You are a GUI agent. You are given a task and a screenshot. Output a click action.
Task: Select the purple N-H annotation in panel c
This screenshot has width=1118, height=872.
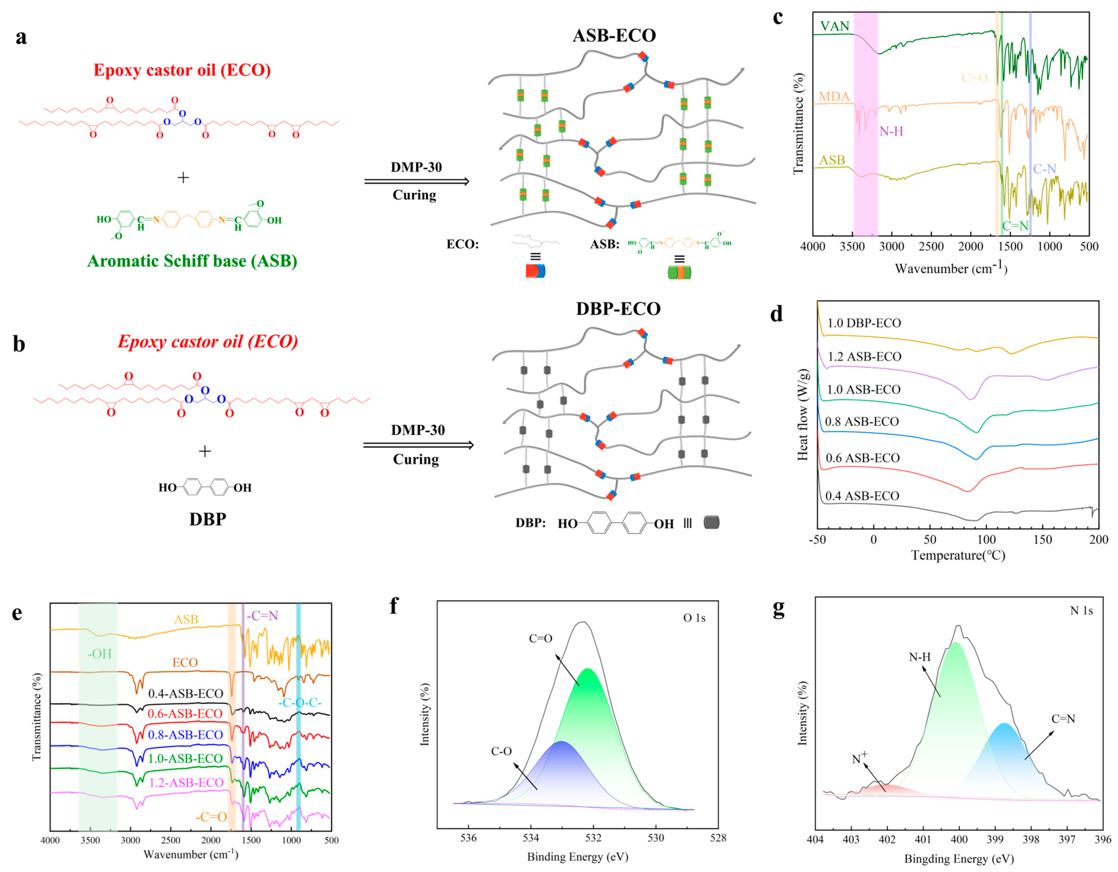click(891, 132)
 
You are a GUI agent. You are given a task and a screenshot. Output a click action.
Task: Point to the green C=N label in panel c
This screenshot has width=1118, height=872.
click(1015, 226)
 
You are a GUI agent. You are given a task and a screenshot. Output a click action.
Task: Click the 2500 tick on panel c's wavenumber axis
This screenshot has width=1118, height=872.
click(931, 247)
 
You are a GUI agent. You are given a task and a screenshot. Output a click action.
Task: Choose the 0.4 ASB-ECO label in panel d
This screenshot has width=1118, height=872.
click(862, 496)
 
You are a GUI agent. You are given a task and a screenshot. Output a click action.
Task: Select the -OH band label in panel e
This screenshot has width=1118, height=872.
click(99, 654)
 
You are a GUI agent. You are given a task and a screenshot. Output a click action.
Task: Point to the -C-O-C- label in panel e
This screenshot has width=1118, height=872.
click(300, 702)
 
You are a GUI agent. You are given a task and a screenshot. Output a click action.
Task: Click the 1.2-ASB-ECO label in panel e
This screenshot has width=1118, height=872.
click(186, 783)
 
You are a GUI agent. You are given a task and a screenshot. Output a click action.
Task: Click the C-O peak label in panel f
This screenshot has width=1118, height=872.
click(501, 752)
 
